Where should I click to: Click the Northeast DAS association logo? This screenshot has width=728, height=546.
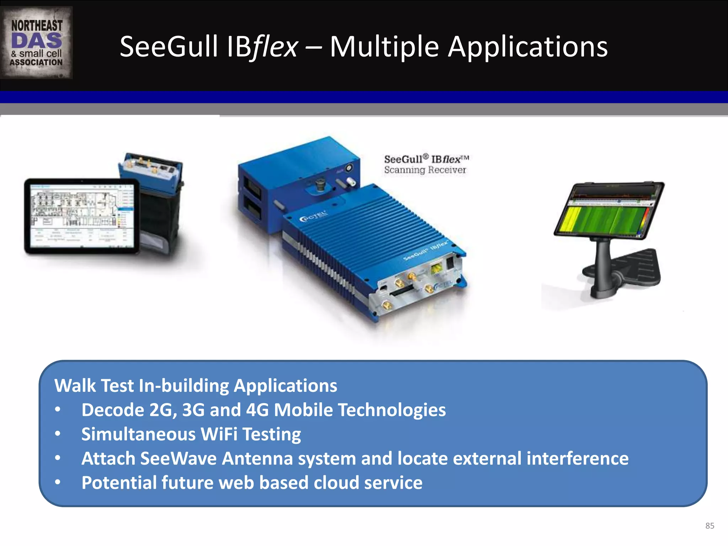[x=37, y=43]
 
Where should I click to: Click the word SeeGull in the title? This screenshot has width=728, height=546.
[x=168, y=47]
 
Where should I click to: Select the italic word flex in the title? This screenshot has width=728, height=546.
[x=275, y=47]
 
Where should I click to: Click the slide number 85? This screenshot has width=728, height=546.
[x=710, y=526]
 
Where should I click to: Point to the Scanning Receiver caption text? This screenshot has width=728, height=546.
[x=425, y=170]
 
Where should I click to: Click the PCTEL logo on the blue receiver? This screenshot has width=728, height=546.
[x=313, y=216]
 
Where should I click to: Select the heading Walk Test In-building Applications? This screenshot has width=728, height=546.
[x=196, y=386]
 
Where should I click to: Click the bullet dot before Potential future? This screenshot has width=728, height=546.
[x=58, y=483]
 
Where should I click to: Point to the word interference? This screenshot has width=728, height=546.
[x=577, y=458]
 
